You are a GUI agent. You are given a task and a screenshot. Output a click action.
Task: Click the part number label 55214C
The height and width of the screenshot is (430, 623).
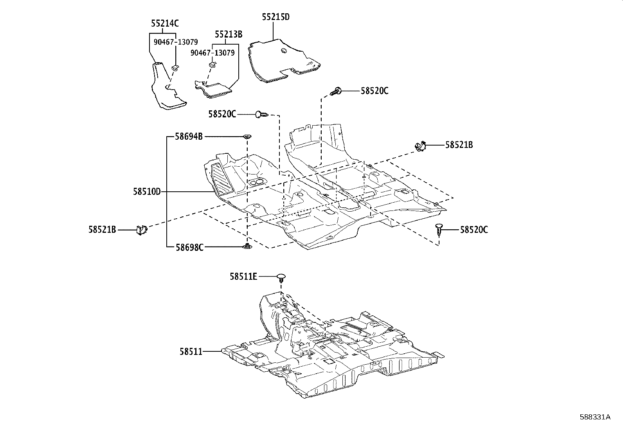[164, 23]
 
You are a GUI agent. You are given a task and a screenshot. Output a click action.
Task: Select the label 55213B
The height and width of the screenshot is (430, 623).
[228, 34]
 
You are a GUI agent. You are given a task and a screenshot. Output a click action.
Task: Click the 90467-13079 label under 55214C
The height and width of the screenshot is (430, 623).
[175, 42]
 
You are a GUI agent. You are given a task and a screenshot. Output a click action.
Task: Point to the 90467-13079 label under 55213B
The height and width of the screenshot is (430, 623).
[212, 53]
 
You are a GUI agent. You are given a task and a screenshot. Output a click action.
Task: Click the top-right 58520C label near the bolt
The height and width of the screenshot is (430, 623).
[374, 91]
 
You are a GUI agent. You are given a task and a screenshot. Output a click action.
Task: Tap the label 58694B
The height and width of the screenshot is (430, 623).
[189, 137]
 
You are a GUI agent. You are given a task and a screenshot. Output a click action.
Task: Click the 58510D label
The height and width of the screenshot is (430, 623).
[147, 192]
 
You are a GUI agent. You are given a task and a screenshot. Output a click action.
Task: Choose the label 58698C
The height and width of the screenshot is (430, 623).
[189, 247]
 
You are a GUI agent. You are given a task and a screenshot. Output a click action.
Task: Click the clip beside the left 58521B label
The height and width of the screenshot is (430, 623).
[141, 230]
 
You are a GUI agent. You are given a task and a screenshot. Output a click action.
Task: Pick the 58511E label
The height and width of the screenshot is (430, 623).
[243, 277]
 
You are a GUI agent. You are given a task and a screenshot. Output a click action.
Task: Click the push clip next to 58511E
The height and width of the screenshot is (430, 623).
[281, 278]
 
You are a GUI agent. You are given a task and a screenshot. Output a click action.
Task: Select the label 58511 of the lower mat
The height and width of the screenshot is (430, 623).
[191, 352]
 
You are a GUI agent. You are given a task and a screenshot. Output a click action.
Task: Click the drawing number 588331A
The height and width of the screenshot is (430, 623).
[595, 417]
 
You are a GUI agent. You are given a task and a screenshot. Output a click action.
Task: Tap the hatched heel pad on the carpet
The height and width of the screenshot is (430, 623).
[222, 180]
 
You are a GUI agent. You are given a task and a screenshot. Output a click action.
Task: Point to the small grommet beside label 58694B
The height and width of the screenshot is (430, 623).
[247, 137]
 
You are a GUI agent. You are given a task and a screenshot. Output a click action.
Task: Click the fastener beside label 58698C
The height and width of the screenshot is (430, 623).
[247, 246]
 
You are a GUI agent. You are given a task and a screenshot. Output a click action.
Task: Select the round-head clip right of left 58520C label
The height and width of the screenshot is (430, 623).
[261, 115]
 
